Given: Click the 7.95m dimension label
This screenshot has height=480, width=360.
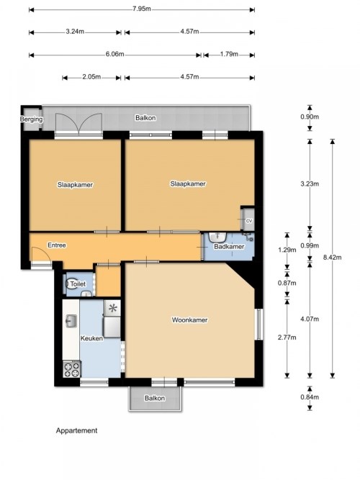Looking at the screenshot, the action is (x=142, y=9).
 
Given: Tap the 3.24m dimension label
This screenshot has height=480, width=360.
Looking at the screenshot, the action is (x=75, y=32).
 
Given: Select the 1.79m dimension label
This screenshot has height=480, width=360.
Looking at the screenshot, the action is (x=229, y=54).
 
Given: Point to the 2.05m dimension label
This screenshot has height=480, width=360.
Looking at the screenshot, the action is (x=91, y=77).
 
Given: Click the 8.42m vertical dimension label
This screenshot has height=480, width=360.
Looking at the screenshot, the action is (x=332, y=258).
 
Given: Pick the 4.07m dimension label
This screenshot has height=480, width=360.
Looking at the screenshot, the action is (x=310, y=319).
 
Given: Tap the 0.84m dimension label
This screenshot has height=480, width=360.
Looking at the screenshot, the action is (x=310, y=397).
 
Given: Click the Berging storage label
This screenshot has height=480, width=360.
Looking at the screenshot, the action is (x=31, y=119).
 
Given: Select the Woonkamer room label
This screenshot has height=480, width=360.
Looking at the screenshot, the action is (x=189, y=320).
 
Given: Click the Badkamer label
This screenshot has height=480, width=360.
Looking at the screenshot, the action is (x=229, y=246).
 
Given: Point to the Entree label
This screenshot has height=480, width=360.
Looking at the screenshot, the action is (x=57, y=245).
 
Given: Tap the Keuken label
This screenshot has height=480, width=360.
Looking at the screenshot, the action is (x=91, y=338).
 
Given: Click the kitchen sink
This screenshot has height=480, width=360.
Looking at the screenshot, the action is (x=71, y=321).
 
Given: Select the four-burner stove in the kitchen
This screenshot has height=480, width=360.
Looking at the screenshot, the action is (x=72, y=369).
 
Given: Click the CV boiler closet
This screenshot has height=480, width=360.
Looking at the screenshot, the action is (x=248, y=219).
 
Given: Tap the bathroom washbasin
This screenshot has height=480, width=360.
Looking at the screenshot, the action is (x=217, y=237).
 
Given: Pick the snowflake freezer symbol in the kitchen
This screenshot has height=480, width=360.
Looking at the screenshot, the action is (x=113, y=308).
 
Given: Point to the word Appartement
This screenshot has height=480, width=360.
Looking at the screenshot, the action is (x=76, y=430).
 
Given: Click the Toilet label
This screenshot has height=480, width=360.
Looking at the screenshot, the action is (x=78, y=284).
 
